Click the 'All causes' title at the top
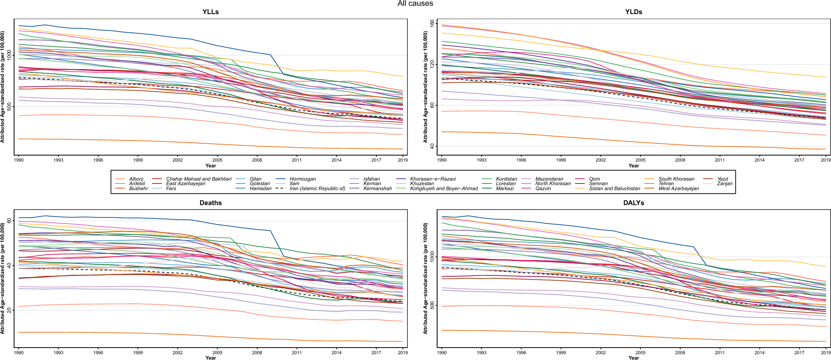point(415,3)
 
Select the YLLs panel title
point(211,12)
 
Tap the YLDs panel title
point(633,12)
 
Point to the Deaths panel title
point(211,203)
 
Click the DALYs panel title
point(633,203)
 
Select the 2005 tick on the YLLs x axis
point(217,160)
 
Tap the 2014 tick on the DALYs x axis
point(759,353)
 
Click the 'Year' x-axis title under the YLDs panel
point(633,166)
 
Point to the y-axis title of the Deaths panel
point(2,278)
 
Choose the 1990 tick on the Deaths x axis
point(19,353)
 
